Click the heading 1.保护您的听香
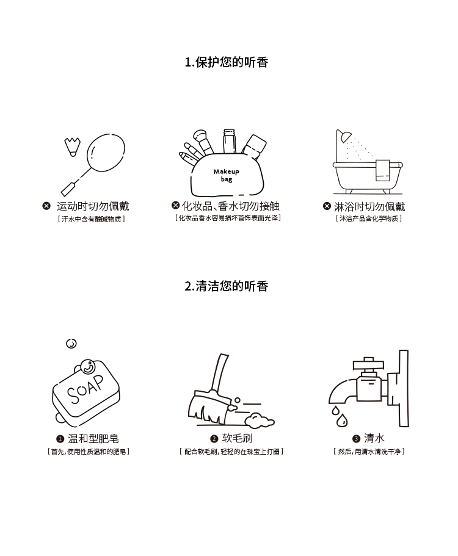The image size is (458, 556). pos(227,62)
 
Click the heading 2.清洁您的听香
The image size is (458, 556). pos(227,286)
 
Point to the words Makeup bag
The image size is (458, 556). pos(227,175)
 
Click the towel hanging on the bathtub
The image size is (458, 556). pos(383,170)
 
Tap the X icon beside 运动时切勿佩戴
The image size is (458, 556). pos(46,206)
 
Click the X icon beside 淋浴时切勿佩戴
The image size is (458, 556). pos(327,206)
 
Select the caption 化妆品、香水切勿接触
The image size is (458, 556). pos(231,206)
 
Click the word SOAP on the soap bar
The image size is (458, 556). pos(85,389)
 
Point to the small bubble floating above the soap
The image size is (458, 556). pos(71,343)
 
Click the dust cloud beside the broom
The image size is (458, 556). pos(260,420)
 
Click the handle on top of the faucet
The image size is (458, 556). pos(369,364)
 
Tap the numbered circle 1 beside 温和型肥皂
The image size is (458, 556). pos(60,439)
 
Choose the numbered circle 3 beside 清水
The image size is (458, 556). pos(357,439)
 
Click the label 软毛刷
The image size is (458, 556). pos(237,438)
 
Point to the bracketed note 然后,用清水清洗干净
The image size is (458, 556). pos(369,452)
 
